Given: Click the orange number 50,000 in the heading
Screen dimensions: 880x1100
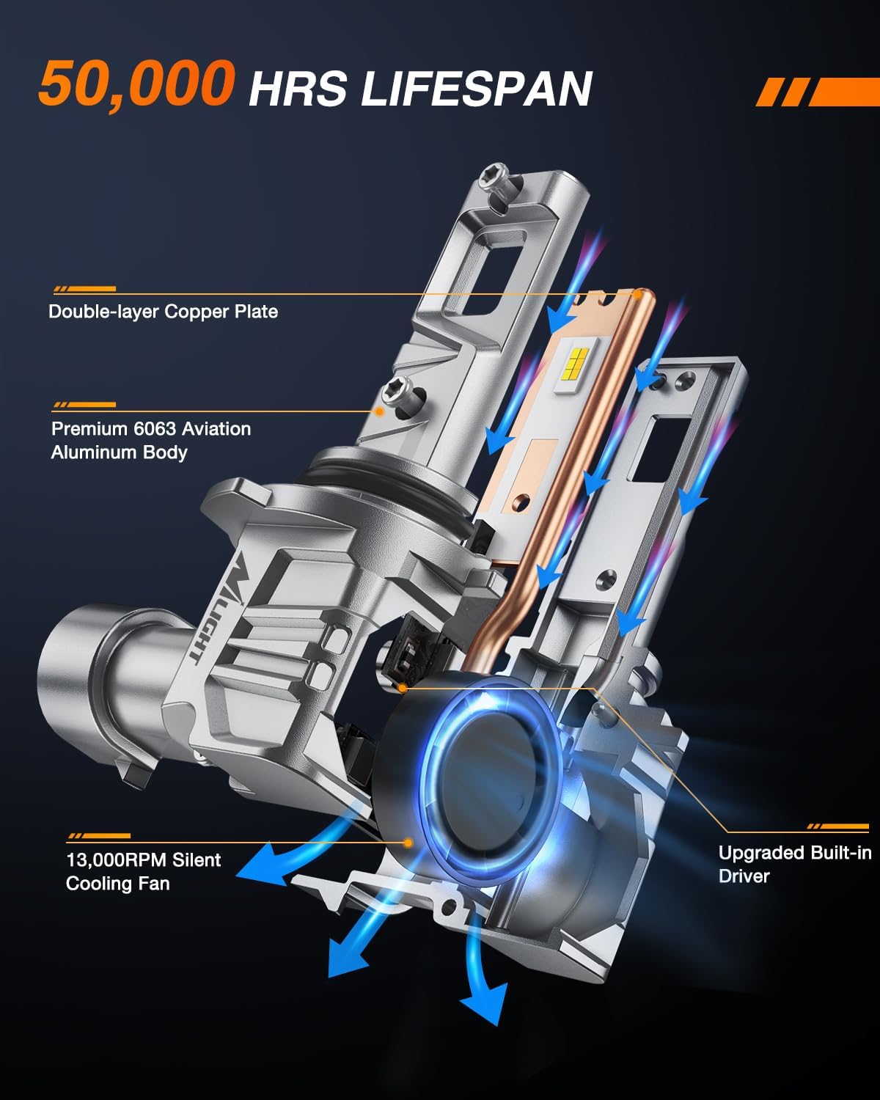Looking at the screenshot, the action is (136, 84).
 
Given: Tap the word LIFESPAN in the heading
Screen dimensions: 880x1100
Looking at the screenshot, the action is (477, 89).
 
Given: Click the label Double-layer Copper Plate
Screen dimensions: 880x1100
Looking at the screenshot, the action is (163, 311).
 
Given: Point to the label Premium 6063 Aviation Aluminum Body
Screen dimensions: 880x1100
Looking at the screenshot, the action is (151, 440).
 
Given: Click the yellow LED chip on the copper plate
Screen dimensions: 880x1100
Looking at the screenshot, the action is (576, 364).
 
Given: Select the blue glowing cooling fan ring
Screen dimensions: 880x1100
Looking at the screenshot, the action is (490, 780).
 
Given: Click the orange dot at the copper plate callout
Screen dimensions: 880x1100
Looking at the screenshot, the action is (637, 294).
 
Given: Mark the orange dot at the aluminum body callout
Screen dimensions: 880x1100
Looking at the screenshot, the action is (379, 411).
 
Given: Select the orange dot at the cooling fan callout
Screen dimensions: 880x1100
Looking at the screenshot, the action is (408, 842).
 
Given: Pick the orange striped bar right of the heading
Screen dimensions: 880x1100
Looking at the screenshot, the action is (817, 92).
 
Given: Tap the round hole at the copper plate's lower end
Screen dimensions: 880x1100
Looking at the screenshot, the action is (521, 502).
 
